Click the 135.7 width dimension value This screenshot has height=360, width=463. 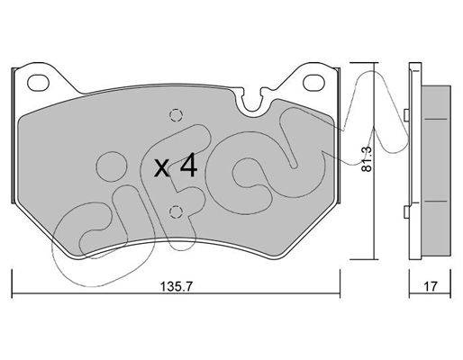[176, 286]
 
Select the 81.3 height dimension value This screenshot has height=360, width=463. [367, 159]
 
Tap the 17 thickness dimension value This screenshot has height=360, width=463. [431, 286]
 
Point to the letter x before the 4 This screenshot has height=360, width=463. [162, 168]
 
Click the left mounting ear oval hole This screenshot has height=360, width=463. [38, 82]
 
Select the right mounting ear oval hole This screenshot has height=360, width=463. [314, 83]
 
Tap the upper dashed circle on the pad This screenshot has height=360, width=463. [176, 115]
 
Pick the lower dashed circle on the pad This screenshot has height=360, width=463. [176, 212]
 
